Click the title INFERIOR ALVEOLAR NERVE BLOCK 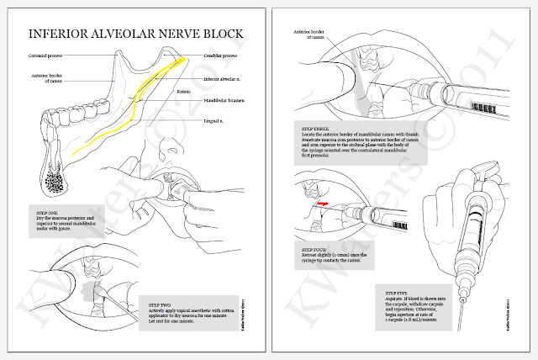coord(136,34)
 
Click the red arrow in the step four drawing coord(322,203)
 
